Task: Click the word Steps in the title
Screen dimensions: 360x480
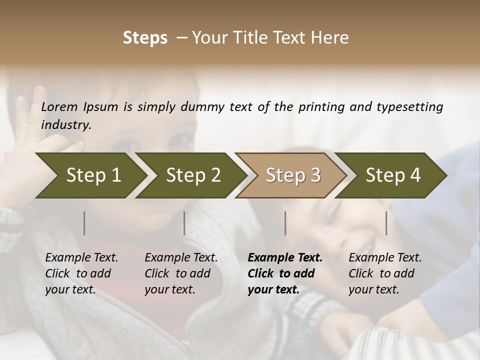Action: pos(145,38)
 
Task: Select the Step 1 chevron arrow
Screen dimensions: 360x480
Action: pos(90,175)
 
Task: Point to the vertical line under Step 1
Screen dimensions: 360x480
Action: pos(84,223)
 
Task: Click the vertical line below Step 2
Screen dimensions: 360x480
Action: pos(184,223)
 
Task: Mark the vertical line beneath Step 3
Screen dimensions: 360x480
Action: pos(285,223)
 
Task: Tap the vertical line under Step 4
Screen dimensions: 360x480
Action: pos(386,223)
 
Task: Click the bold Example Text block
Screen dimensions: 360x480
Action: pos(284,273)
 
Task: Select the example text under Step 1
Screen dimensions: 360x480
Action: pos(81,273)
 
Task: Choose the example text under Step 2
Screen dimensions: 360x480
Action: pos(180,273)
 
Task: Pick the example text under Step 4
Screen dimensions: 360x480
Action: pos(384,273)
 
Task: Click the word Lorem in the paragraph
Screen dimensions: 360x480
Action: pos(59,107)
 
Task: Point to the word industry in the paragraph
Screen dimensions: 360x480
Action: pos(65,125)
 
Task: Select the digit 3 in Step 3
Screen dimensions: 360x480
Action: pos(315,175)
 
